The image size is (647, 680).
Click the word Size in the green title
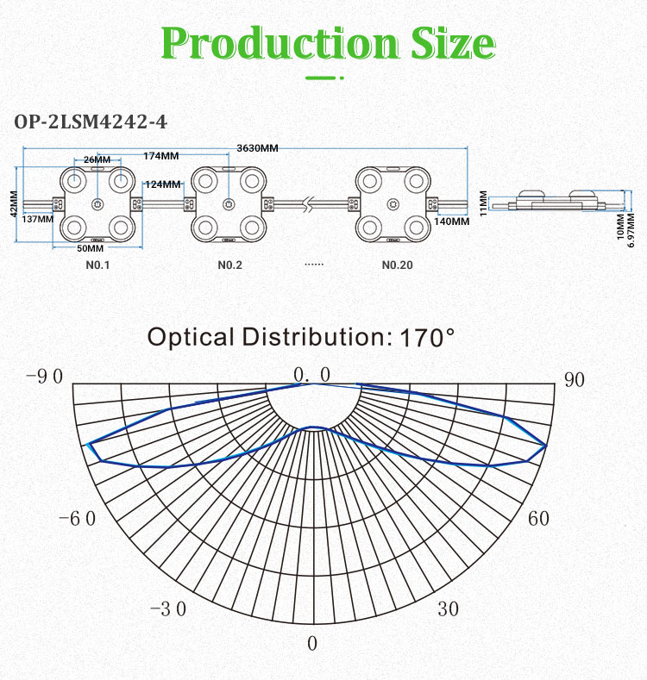point(453,42)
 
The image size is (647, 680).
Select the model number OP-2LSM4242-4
point(91,122)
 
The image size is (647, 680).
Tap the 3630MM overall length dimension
point(257,148)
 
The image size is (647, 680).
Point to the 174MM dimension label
point(161,156)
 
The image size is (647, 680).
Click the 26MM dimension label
point(97,159)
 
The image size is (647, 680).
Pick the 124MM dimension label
point(163,184)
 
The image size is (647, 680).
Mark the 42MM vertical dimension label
point(14,203)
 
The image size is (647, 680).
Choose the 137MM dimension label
point(38,219)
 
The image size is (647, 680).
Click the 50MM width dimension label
point(91,248)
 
